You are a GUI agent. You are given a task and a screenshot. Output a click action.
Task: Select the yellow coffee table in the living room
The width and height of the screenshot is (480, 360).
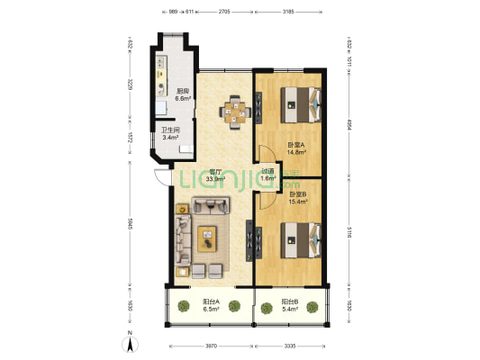tap(209, 238)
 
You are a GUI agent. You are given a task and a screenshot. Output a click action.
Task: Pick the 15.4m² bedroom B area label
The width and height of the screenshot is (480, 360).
tap(298, 198)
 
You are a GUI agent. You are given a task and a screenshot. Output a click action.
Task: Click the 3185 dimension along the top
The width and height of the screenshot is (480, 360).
tap(288, 13)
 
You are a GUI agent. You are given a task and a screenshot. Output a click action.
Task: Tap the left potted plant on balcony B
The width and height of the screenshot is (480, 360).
tap(267, 308)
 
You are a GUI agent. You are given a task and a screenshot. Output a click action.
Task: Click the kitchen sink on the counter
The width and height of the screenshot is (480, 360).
tap(160, 107)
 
